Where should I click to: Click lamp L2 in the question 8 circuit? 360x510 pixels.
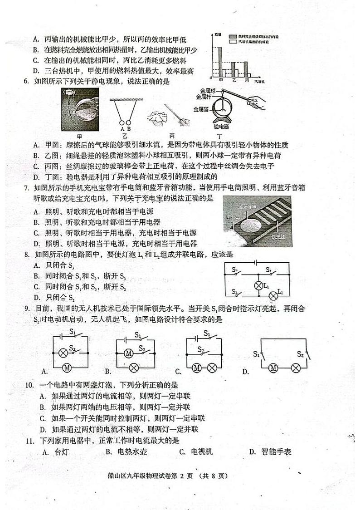(x=273, y=295)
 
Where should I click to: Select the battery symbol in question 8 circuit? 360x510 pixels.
(x=256, y=262)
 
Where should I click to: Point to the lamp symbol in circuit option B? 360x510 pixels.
(x=134, y=367)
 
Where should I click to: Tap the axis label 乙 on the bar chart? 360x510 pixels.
(x=234, y=79)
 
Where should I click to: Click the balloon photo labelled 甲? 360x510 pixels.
(x=80, y=110)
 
